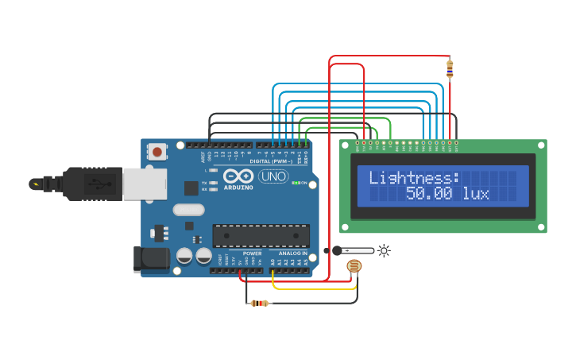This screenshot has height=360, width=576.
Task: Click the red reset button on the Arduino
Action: (157, 152)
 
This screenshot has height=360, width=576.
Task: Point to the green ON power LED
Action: (295, 183)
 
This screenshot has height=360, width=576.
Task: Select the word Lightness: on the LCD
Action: (415, 177)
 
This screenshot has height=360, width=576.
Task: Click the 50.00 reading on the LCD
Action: (429, 193)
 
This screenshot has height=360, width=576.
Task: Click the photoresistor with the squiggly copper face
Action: (354, 266)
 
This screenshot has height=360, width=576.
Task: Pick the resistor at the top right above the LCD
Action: (450, 69)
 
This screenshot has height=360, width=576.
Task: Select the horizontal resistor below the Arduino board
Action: (259, 303)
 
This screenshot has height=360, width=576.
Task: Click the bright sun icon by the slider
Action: (385, 250)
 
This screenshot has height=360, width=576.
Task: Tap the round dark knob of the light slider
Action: (337, 250)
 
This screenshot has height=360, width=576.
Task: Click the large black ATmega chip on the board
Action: (261, 235)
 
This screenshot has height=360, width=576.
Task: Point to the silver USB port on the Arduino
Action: (145, 184)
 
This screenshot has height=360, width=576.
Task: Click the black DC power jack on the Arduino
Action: (153, 258)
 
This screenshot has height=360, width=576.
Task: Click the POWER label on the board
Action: (252, 254)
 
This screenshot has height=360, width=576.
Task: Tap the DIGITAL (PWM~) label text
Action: (270, 161)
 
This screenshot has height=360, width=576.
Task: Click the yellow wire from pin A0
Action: (314, 288)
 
